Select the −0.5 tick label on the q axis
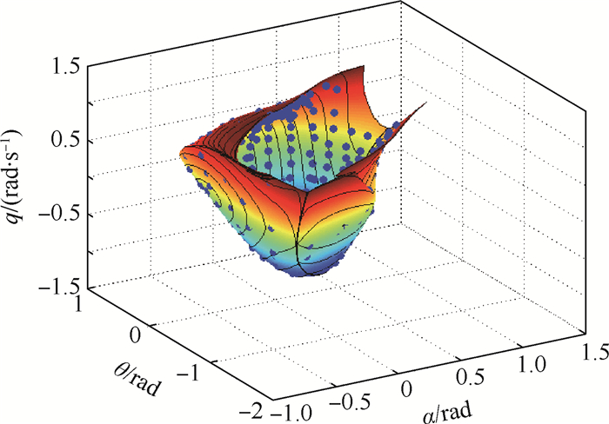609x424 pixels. point(60,212)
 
